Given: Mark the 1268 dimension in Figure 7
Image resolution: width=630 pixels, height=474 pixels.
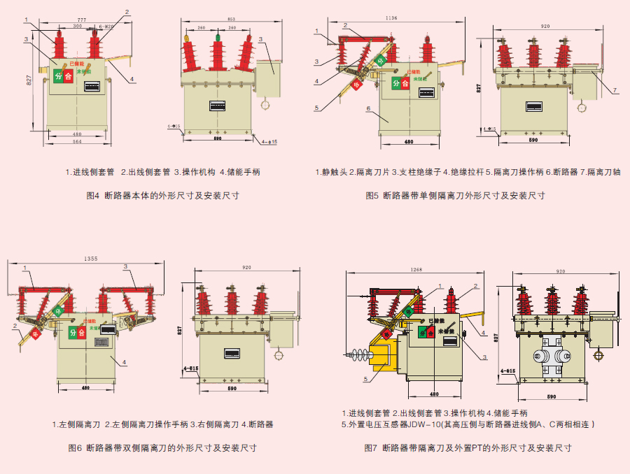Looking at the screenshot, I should [x=416, y=269].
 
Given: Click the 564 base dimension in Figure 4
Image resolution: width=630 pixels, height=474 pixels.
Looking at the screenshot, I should [x=77, y=142].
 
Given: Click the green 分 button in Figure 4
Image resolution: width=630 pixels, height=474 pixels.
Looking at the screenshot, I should [x=58, y=76].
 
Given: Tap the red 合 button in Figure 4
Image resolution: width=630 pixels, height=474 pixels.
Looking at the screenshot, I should [x=69, y=76].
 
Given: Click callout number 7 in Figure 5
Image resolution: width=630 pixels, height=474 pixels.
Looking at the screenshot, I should [x=614, y=90].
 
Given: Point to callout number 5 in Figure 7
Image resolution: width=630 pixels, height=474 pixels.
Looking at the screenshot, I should [x=365, y=379].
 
